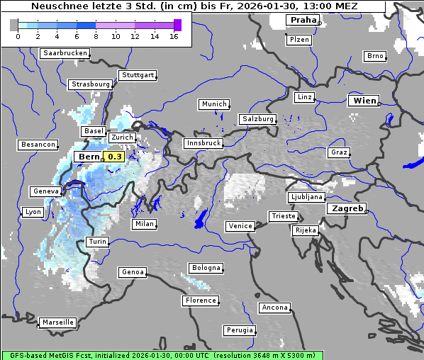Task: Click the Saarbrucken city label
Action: [65, 53]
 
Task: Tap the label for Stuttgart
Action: [138, 75]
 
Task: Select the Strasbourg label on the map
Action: [91, 84]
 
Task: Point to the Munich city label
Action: [214, 104]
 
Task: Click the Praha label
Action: [303, 20]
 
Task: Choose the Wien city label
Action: [364, 101]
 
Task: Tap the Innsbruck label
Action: [203, 143]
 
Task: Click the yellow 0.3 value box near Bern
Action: [114, 157]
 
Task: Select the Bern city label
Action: [89, 157]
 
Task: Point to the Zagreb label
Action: [346, 208]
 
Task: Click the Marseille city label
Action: [57, 322]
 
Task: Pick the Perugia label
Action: [239, 330]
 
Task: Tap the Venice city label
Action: [240, 226]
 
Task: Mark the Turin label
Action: [97, 242]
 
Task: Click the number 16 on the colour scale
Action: [174, 35]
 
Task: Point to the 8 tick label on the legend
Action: [96, 35]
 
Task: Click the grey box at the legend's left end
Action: [14, 25]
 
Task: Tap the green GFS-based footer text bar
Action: [162, 355]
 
